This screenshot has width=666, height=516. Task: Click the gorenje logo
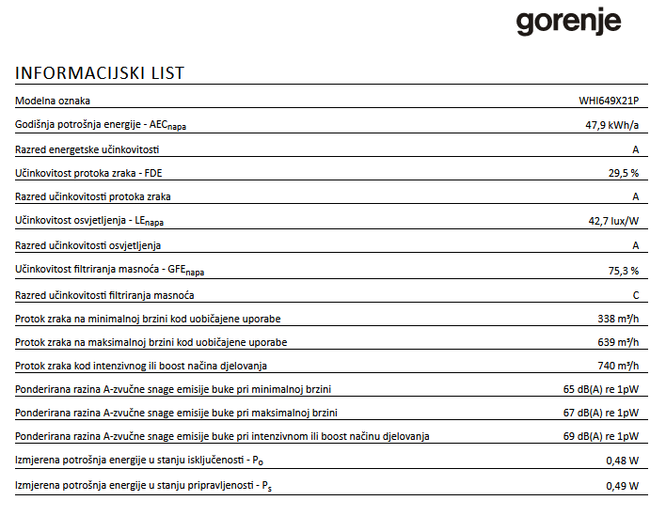(568, 22)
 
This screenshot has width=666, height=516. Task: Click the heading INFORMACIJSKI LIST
(100, 73)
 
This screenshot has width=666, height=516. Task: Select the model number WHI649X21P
(609, 101)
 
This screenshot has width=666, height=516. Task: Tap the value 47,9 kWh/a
(612, 125)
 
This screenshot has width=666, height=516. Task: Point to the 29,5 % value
(624, 173)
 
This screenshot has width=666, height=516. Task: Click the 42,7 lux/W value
(613, 222)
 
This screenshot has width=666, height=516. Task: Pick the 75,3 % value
(624, 271)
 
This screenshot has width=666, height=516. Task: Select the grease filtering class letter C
(635, 295)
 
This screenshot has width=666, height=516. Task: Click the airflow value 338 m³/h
(618, 320)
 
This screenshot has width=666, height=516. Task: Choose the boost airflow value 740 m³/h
(618, 366)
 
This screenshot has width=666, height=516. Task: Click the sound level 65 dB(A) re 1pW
(601, 389)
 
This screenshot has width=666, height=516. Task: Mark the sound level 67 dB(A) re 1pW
(601, 414)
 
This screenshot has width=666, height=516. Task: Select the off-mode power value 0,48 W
(623, 461)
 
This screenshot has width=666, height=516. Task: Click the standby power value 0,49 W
(623, 486)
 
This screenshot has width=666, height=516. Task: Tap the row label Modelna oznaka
(53, 101)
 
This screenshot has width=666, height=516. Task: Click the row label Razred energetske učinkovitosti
(87, 149)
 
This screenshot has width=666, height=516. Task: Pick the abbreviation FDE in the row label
(166, 173)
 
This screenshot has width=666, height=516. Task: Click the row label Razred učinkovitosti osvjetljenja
(88, 246)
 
